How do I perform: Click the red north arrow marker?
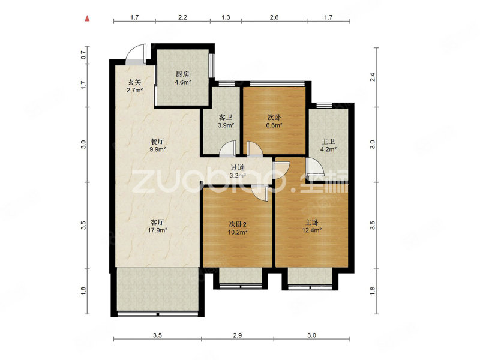pyautogui.click(x=88, y=19)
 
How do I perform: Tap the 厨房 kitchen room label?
pyautogui.click(x=182, y=74)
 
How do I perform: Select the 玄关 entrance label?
pyautogui.click(x=134, y=82)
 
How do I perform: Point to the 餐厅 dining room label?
pyautogui.click(x=157, y=142)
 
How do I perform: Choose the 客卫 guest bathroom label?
pyautogui.click(x=226, y=117)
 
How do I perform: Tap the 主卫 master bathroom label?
pyautogui.click(x=328, y=142)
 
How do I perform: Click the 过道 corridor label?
pyautogui.click(x=237, y=167)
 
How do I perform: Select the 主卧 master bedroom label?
pyautogui.click(x=311, y=222)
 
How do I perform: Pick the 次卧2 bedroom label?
pyautogui.click(x=238, y=224)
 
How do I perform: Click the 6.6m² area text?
pyautogui.click(x=274, y=125)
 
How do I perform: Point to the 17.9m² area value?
pyautogui.click(x=157, y=230)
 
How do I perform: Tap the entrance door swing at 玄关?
pyautogui.click(x=136, y=55)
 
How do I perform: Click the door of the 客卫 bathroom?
pyautogui.click(x=228, y=148)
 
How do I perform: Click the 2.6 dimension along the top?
pyautogui.click(x=274, y=17)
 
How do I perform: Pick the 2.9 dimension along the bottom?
pyautogui.click(x=237, y=335)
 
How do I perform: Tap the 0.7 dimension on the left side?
pyautogui.click(x=83, y=55)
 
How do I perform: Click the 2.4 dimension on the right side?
pyautogui.click(x=373, y=77)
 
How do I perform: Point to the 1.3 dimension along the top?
pyautogui.click(x=226, y=17)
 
